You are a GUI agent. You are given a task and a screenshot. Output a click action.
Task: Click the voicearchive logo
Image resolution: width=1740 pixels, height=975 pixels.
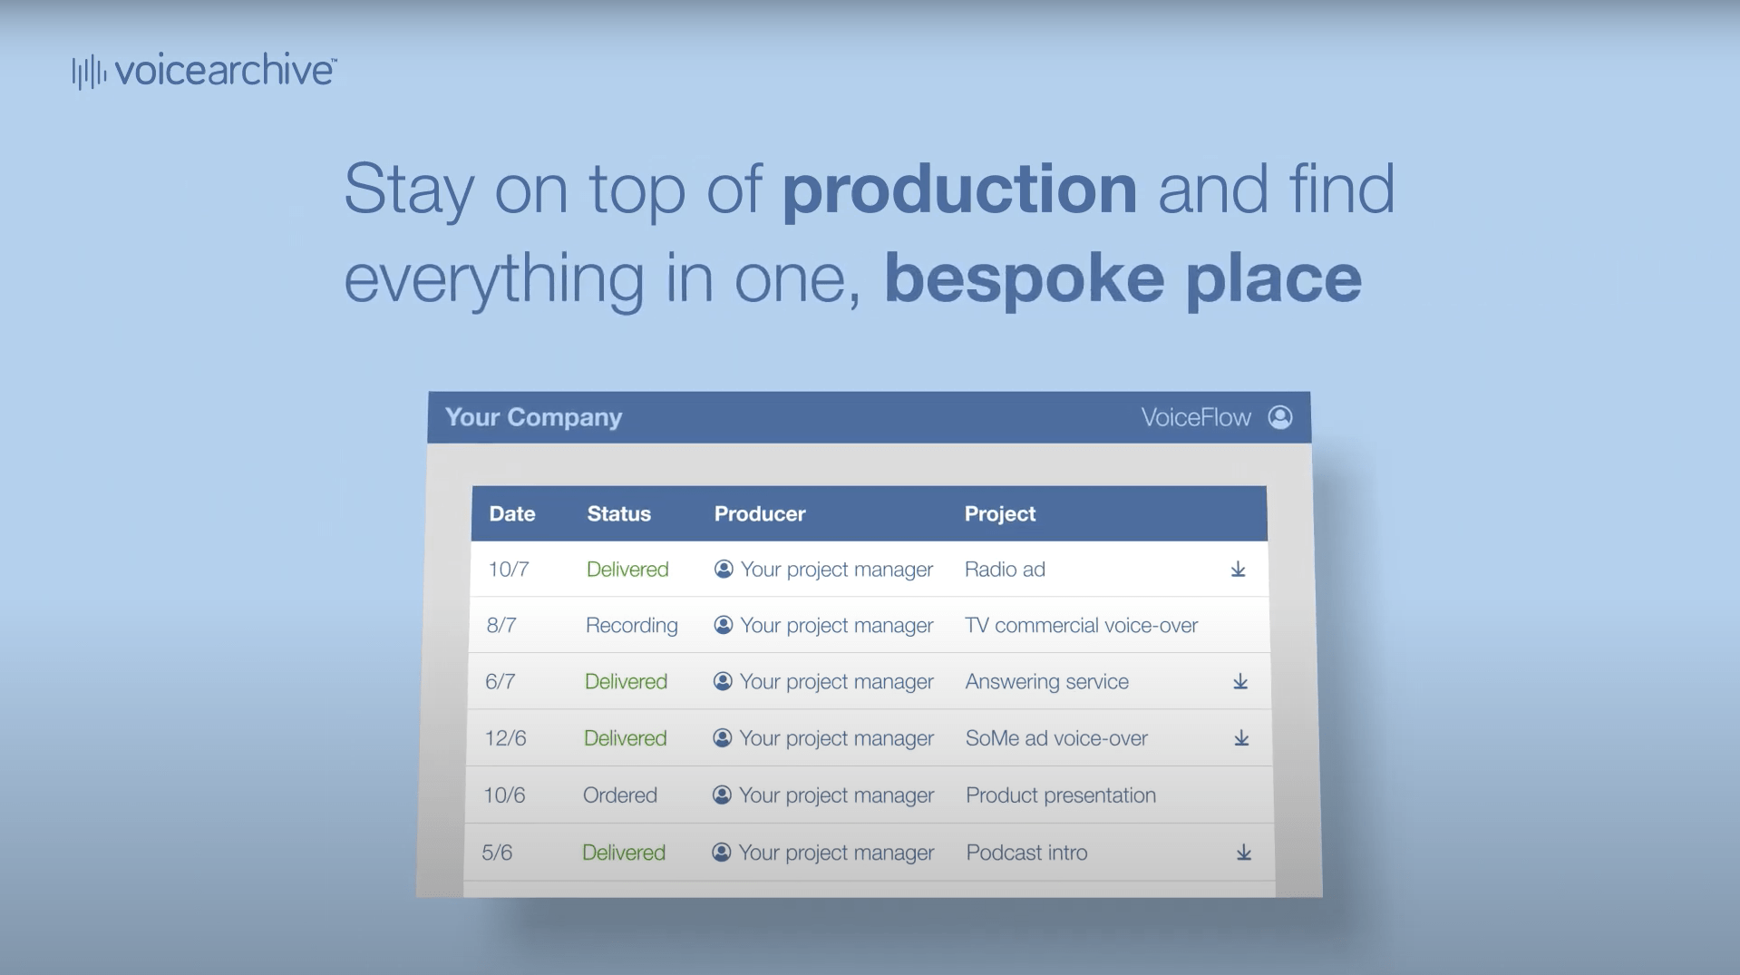pos(204,71)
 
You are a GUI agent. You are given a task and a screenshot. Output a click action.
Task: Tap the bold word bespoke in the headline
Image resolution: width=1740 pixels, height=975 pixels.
pos(1025,279)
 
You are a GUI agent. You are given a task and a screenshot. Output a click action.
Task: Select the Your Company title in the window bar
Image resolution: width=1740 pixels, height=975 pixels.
pos(533,417)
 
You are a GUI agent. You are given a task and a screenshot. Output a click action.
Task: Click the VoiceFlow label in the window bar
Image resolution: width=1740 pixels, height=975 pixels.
pos(1195,417)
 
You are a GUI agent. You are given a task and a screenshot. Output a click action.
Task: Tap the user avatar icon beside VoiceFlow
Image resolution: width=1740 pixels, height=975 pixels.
pos(1280,417)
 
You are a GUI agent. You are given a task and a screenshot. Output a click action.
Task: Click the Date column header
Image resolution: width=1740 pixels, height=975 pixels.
pos(512,513)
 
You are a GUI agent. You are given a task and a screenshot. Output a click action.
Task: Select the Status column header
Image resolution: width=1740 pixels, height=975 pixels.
pos(618,513)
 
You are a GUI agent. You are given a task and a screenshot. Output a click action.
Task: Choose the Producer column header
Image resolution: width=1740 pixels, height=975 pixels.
pos(760,513)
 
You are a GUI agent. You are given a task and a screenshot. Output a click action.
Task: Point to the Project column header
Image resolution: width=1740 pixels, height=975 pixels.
pos(999,514)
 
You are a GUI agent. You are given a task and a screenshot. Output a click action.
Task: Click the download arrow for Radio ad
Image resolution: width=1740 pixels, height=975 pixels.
pos(1238,570)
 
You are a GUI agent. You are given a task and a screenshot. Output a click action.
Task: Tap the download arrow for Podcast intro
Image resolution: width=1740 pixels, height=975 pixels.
pos(1244,853)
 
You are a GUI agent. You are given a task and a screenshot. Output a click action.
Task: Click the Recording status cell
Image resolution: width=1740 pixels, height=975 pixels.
pos(631,626)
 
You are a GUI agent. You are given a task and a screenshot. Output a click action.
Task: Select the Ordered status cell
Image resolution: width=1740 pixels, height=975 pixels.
pos(619,795)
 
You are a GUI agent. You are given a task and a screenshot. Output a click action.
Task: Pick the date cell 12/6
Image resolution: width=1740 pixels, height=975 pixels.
pos(505,738)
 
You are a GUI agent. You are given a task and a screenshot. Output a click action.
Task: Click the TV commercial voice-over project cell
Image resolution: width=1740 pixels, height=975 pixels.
pos(1081,626)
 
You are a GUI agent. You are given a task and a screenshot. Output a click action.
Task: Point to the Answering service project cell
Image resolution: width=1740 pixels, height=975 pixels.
pos(1046,682)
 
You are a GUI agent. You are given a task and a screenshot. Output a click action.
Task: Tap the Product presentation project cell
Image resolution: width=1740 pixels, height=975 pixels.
pos(1060,795)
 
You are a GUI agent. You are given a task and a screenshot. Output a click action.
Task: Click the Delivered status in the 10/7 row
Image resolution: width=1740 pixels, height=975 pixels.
pos(627,570)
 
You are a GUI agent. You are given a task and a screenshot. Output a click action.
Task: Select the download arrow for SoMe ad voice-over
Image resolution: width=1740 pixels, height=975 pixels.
pos(1241,738)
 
